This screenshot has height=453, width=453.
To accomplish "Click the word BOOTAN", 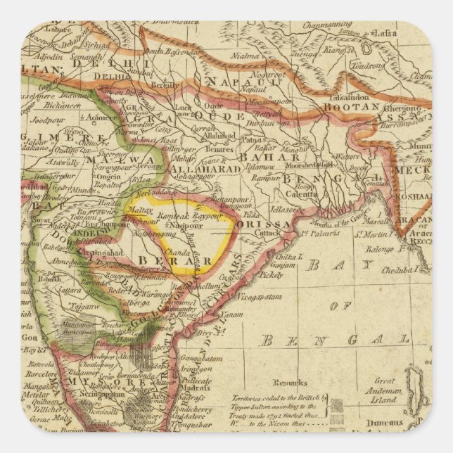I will tap(342, 108).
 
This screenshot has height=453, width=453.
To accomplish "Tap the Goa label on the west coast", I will tap(29, 338).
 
